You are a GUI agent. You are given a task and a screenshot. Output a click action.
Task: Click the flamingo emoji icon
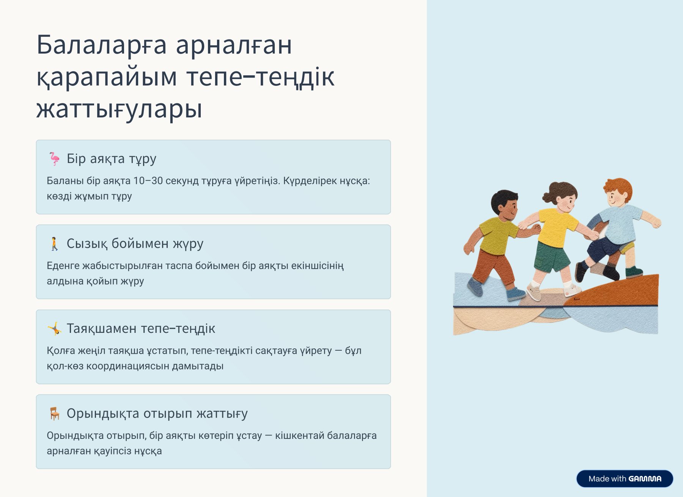pyautogui.click(x=54, y=159)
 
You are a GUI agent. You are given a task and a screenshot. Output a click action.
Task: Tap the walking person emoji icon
pyautogui.click(x=54, y=244)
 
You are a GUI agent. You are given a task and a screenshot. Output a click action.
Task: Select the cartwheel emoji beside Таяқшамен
pyautogui.click(x=54, y=329)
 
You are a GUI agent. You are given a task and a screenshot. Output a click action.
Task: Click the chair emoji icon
pyautogui.click(x=55, y=413)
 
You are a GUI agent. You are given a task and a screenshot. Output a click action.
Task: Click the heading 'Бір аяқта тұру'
pyautogui.click(x=112, y=159)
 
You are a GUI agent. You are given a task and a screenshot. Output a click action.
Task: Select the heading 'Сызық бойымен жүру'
pyautogui.click(x=135, y=244)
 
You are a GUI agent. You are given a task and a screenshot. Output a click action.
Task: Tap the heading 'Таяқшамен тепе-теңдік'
pyautogui.click(x=141, y=329)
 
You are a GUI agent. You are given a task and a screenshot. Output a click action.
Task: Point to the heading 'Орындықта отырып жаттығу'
pyautogui.click(x=157, y=413)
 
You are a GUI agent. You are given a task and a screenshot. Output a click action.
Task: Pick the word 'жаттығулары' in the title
pyautogui.click(x=119, y=109)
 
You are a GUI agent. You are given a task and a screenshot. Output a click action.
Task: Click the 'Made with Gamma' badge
pyautogui.click(x=625, y=479)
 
